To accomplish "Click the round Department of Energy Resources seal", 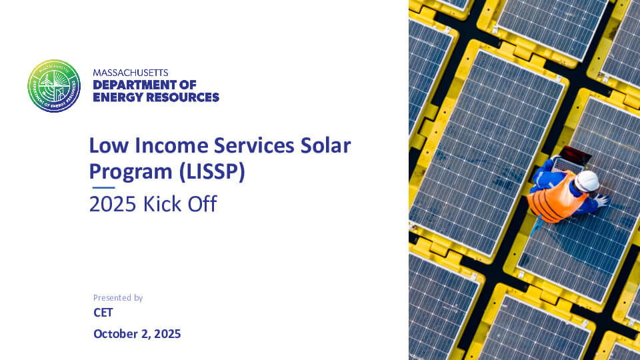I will [54, 86].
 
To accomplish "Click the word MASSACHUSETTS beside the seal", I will [131, 72].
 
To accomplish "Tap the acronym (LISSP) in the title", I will [211, 171].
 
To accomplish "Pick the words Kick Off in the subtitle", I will [180, 204].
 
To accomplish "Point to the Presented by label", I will [118, 298].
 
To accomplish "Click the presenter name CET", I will [103, 313].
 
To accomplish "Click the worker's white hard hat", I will [587, 181].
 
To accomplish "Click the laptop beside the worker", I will [572, 159].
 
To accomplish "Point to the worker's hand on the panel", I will [602, 200].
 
